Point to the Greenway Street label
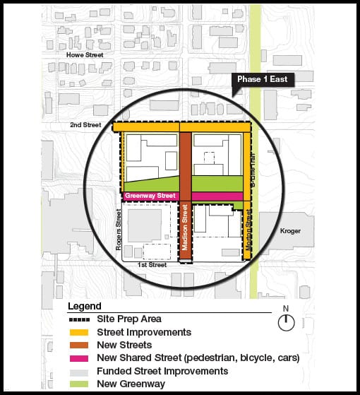coord(150,196)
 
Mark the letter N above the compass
coord(285,309)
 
